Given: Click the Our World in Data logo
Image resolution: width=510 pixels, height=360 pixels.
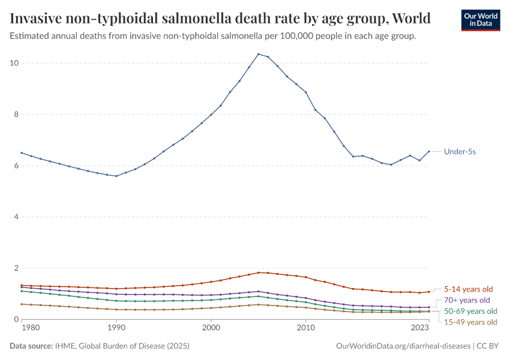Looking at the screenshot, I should click(x=480, y=19).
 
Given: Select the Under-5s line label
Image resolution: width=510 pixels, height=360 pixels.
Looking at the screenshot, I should click(x=460, y=152).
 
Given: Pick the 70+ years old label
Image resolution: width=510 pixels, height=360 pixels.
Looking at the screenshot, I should click(x=467, y=300).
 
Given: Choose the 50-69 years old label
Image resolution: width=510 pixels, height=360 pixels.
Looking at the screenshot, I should click(x=470, y=311).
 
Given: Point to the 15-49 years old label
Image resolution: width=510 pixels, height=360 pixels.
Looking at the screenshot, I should click(x=470, y=322).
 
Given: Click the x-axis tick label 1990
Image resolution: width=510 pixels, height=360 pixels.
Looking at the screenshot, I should click(x=116, y=328).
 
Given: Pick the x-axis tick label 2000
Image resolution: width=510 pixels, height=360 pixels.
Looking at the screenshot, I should click(x=211, y=328).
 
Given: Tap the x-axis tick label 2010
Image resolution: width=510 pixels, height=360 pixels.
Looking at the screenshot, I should click(x=306, y=328).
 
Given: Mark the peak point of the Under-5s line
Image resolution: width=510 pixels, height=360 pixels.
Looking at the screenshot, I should click(x=259, y=54).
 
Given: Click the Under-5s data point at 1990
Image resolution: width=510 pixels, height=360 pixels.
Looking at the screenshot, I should click(x=116, y=176).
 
